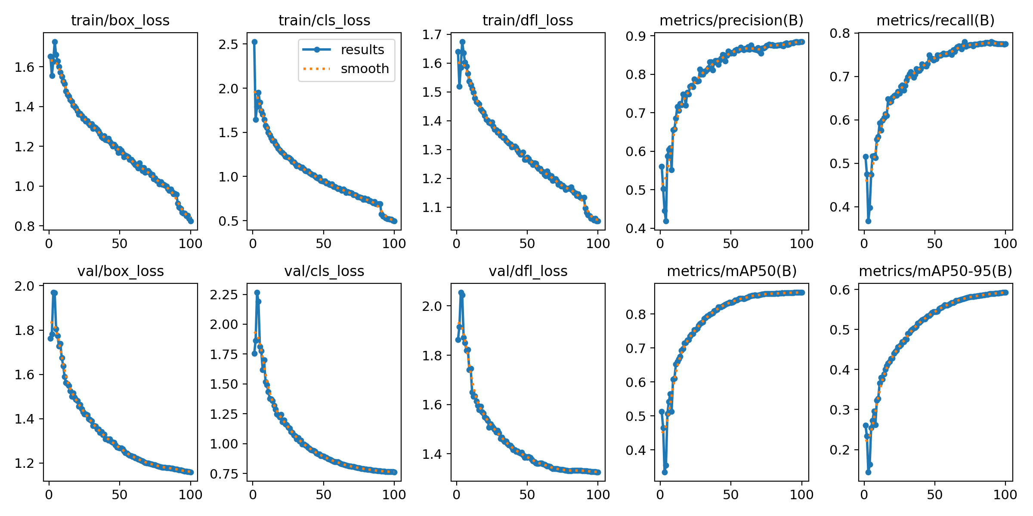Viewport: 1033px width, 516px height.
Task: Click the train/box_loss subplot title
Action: [x=120, y=20]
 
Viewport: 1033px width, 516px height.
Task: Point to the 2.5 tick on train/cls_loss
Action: [x=228, y=44]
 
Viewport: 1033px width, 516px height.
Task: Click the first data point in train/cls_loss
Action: [x=254, y=42]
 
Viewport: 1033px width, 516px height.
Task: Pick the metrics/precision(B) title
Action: [x=731, y=20]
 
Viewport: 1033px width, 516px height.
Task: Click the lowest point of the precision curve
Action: [x=666, y=221]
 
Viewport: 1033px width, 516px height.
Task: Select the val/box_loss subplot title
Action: [x=120, y=271]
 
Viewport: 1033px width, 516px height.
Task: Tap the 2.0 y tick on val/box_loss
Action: [x=25, y=286]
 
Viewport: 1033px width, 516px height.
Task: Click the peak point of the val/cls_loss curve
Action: [x=257, y=292]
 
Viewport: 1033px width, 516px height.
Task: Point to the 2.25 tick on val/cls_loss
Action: [x=224, y=295]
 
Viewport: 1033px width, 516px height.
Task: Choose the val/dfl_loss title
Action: [x=528, y=271]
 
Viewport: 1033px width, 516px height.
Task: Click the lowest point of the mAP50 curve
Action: [x=665, y=472]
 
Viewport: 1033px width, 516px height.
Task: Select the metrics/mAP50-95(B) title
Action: [x=935, y=271]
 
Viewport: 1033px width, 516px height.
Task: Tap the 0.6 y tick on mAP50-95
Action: [x=840, y=289]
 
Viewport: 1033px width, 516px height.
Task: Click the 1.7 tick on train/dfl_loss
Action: [x=432, y=34]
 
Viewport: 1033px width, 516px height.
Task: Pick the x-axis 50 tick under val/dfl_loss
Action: [x=527, y=494]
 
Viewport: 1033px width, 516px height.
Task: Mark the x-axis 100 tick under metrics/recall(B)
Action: [x=1005, y=243]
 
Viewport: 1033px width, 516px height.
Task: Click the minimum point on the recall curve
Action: [x=868, y=221]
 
